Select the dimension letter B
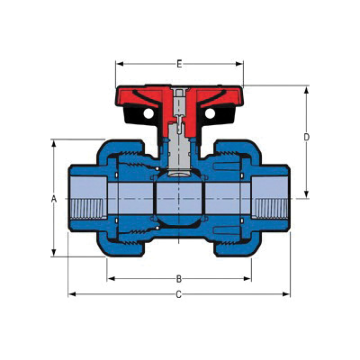[x=179, y=278]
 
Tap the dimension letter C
[x=179, y=294]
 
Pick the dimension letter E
[x=179, y=64]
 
